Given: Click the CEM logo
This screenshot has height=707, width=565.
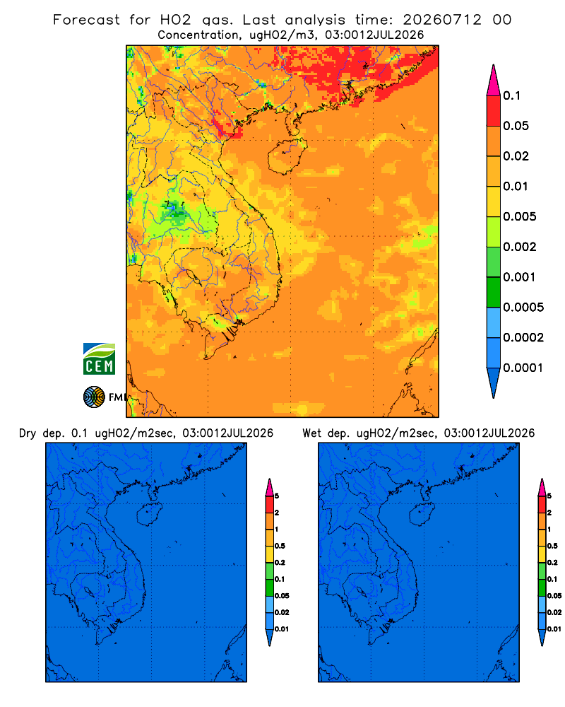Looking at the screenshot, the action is click(x=99, y=359).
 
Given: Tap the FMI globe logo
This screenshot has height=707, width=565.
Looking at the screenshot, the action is click(x=94, y=397).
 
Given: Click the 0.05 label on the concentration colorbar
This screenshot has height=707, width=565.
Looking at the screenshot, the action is click(x=516, y=126).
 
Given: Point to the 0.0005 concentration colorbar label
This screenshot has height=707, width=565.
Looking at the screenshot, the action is click(x=523, y=308).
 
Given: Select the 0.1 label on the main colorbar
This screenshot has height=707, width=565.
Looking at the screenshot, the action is click(x=511, y=95).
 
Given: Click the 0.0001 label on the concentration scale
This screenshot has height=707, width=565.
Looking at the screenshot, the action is click(x=523, y=368).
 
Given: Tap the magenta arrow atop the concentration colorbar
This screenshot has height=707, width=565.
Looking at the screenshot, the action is click(x=494, y=81).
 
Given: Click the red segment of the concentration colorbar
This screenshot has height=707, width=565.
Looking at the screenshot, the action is click(x=494, y=111).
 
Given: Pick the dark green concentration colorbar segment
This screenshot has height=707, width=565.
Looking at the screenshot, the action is click(x=494, y=292).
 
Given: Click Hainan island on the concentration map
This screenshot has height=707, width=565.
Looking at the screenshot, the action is click(x=287, y=156).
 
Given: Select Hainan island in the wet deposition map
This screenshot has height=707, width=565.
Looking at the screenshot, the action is click(x=422, y=515).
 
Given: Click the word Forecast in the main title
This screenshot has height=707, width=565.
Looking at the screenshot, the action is click(x=86, y=20).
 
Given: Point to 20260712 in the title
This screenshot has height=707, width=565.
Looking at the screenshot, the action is click(x=442, y=20).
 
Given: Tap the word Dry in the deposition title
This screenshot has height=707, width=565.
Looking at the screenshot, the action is click(x=28, y=433).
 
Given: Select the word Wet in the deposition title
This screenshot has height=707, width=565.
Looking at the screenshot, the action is click(x=311, y=433).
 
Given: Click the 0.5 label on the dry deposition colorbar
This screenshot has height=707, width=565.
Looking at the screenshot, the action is click(x=280, y=546).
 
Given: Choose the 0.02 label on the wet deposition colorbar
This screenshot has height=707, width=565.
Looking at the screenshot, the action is click(x=554, y=612).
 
